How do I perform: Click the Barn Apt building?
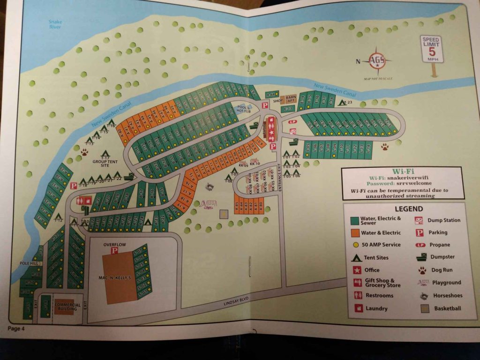[x=292, y=99]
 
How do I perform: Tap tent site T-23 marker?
[x=347, y=102]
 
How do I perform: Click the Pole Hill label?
[x=28, y=263]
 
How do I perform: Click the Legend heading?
[x=408, y=209]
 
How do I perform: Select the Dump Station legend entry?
[x=438, y=220]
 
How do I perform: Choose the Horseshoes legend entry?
[x=441, y=296]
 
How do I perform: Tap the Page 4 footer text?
[x=16, y=328]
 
